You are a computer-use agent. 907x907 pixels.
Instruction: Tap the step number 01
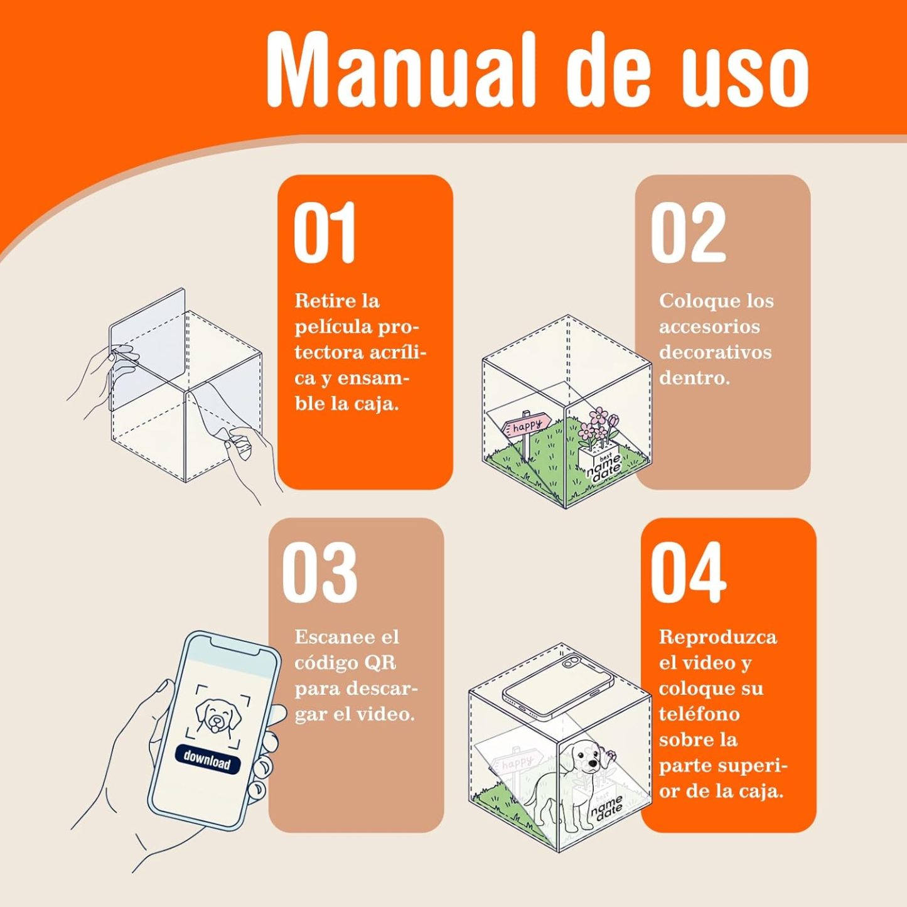coord(324,232)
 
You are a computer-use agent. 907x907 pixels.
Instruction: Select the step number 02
coord(689,232)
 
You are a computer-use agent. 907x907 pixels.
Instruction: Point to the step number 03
coord(319,572)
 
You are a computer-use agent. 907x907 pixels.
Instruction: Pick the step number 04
coord(689,572)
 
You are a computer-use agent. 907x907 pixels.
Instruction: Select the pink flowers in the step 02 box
coord(598,426)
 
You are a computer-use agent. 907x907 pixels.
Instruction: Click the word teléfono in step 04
coord(699,714)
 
